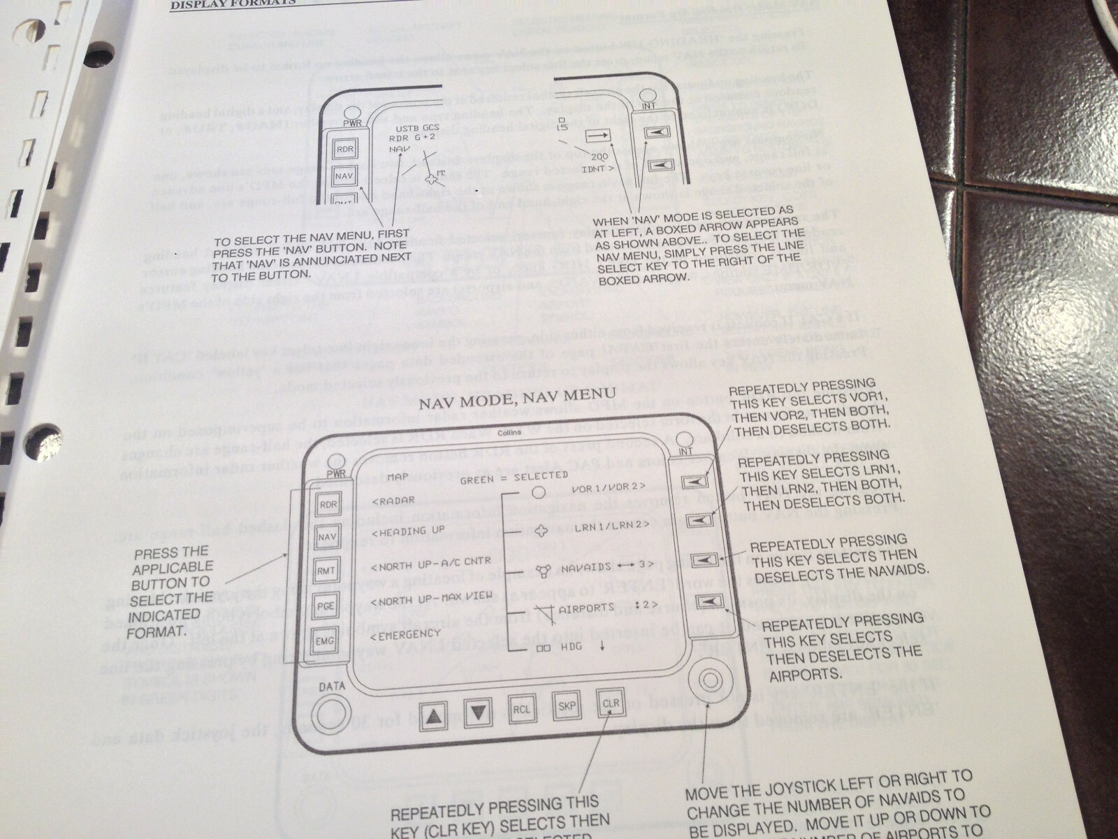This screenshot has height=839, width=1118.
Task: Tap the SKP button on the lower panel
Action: pos(565,705)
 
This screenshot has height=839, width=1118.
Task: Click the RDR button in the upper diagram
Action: pos(344,150)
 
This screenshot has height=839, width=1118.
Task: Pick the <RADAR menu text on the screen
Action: pos(393,501)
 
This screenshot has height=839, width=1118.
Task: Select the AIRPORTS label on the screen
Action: pos(586,608)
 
